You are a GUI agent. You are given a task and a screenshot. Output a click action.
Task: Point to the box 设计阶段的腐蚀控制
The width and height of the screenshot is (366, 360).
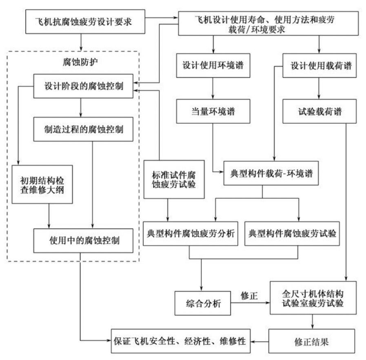pyautogui.click(x=83, y=86)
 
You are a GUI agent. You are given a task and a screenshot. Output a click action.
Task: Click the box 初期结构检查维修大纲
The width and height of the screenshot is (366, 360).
pyautogui.click(x=42, y=184)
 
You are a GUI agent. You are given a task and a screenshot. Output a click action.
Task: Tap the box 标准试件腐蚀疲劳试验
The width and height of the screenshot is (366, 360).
pyautogui.click(x=174, y=179)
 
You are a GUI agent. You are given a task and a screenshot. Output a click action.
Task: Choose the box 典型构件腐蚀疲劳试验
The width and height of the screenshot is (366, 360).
pyautogui.click(x=292, y=234)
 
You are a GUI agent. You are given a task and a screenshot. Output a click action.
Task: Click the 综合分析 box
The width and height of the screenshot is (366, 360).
pyautogui.click(x=200, y=303)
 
